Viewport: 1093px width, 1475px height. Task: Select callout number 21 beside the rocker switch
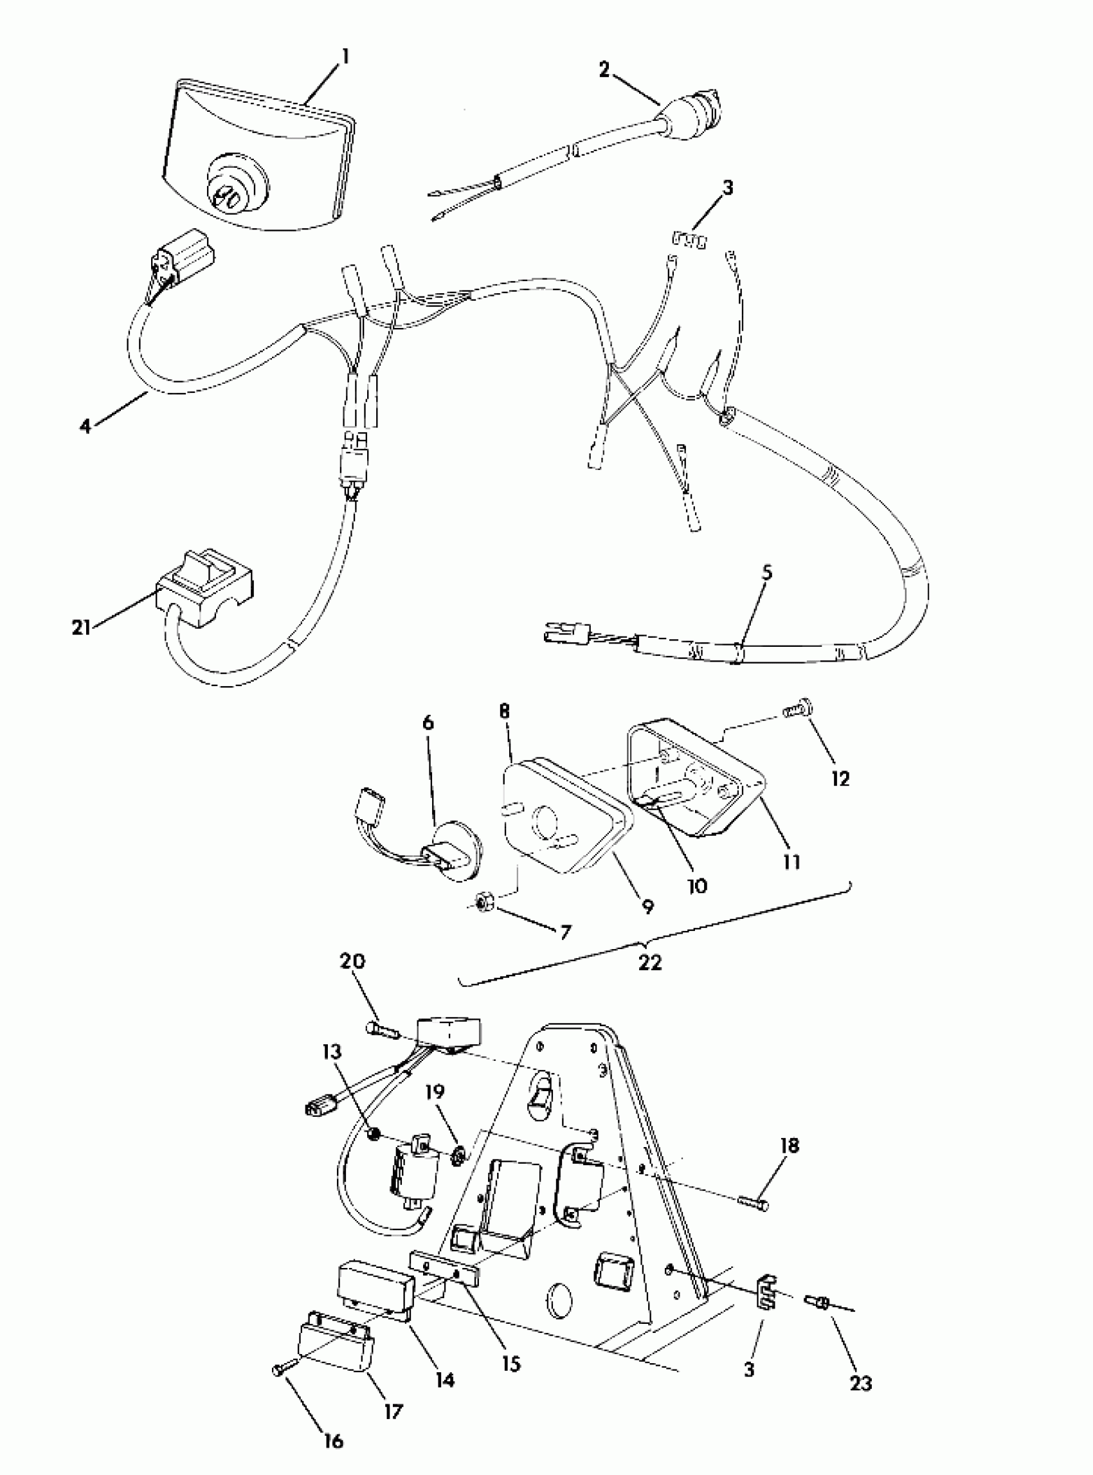[x=81, y=627]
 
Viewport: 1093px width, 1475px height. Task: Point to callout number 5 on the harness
[x=766, y=572]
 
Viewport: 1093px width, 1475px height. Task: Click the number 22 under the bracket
[x=650, y=962]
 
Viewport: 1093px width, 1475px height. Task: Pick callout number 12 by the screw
[x=840, y=779]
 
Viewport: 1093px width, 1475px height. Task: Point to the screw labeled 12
[x=797, y=711]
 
